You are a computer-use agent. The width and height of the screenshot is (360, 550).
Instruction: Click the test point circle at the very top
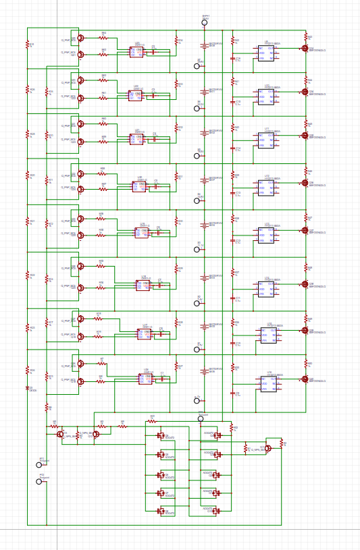point(205,22)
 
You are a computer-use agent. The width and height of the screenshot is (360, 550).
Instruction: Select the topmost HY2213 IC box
point(266,53)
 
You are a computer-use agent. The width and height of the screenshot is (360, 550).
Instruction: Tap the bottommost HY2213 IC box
point(269,384)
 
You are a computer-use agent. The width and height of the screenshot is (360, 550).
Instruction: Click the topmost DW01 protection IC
point(136,52)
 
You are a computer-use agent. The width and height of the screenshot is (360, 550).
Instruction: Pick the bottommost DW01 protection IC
point(146,379)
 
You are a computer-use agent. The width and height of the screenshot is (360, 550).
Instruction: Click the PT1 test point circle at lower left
point(39,464)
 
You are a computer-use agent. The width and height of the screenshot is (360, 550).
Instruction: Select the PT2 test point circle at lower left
point(39,481)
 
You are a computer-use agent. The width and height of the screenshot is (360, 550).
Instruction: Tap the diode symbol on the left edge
point(28,389)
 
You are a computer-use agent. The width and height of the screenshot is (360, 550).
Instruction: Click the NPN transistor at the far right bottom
point(267,448)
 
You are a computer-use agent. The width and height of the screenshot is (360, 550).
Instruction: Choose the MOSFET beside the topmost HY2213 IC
point(305,48)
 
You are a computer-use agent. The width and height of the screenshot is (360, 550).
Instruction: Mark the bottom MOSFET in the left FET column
point(161,512)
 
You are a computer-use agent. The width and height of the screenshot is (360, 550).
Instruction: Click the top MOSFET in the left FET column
point(161,436)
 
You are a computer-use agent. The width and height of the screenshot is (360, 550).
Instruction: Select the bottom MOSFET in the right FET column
point(216,511)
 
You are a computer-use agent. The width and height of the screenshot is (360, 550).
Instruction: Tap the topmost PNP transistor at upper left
point(80,38)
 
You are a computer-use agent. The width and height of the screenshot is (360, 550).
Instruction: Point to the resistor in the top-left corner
point(28,45)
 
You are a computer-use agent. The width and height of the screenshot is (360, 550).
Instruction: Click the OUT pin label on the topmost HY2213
point(271,49)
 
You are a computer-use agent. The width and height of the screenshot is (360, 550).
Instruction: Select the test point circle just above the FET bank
point(201,418)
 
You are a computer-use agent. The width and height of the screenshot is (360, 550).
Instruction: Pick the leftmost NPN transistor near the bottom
point(61,434)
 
